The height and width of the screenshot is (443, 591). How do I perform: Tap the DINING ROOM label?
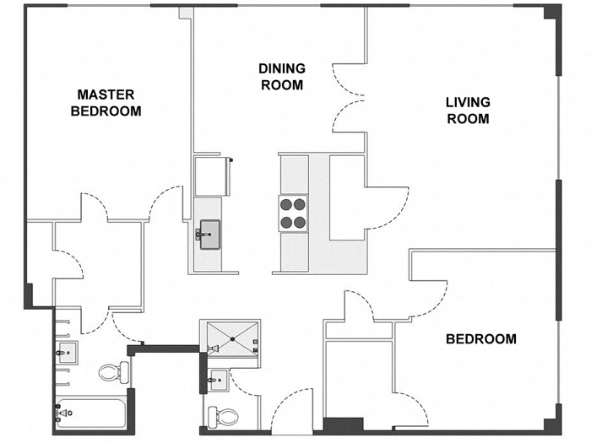click(282, 76)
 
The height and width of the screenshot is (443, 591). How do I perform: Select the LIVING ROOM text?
click(468, 111)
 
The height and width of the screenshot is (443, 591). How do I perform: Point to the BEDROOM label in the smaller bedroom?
click(480, 339)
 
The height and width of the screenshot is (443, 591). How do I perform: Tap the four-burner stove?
click(292, 213)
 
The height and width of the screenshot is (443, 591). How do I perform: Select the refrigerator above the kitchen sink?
click(209, 175)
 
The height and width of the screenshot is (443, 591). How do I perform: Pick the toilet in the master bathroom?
click(111, 371)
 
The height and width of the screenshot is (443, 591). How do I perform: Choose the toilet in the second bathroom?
click(223, 415)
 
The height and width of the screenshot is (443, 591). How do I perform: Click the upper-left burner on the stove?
click(285, 203)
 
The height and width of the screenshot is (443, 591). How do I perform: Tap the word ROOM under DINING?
click(282, 85)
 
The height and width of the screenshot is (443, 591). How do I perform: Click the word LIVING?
click(468, 102)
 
